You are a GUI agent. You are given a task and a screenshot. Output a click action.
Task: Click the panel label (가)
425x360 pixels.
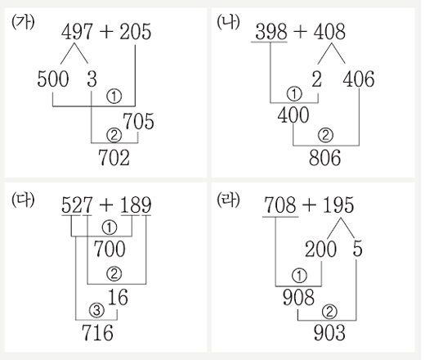pos(23,22)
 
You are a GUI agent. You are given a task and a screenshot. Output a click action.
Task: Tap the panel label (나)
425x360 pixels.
pos(228,22)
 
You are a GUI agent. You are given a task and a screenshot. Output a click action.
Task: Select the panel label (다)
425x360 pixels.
pos(23,200)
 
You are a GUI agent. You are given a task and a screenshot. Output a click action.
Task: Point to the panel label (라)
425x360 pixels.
pos(228,200)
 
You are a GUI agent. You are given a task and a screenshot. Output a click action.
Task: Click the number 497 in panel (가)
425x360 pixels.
pos(77,32)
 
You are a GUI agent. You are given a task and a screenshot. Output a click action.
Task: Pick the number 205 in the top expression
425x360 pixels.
pos(135,32)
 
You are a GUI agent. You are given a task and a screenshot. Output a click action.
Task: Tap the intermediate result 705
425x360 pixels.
pos(138,121)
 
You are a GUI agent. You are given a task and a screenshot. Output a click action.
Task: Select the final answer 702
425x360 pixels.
pos(114,158)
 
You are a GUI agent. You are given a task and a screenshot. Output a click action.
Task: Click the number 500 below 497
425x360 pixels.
pos(53,79)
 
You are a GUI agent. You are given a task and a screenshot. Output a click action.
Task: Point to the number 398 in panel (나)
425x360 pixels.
pos(271,32)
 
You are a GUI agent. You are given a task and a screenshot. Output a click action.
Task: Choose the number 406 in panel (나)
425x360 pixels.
pos(359,79)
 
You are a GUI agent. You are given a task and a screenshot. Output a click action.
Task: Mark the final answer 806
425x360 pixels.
pos(324,158)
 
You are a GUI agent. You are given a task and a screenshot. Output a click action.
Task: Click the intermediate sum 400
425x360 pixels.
pos(293,115)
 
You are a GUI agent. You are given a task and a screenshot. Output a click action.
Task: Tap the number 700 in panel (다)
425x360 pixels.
pos(110,249)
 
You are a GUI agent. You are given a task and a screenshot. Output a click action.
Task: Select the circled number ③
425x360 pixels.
pos(96,310)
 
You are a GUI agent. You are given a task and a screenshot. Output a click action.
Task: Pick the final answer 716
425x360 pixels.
pos(97,332)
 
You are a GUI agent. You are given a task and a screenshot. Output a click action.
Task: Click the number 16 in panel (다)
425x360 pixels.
pos(118,297)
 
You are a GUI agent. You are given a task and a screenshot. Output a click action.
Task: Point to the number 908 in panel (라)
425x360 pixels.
pos(298,297)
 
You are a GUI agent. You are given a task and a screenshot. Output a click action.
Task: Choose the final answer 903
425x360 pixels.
pos(329,332)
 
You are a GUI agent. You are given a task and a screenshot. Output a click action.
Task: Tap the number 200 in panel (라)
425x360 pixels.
pos(320,249)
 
